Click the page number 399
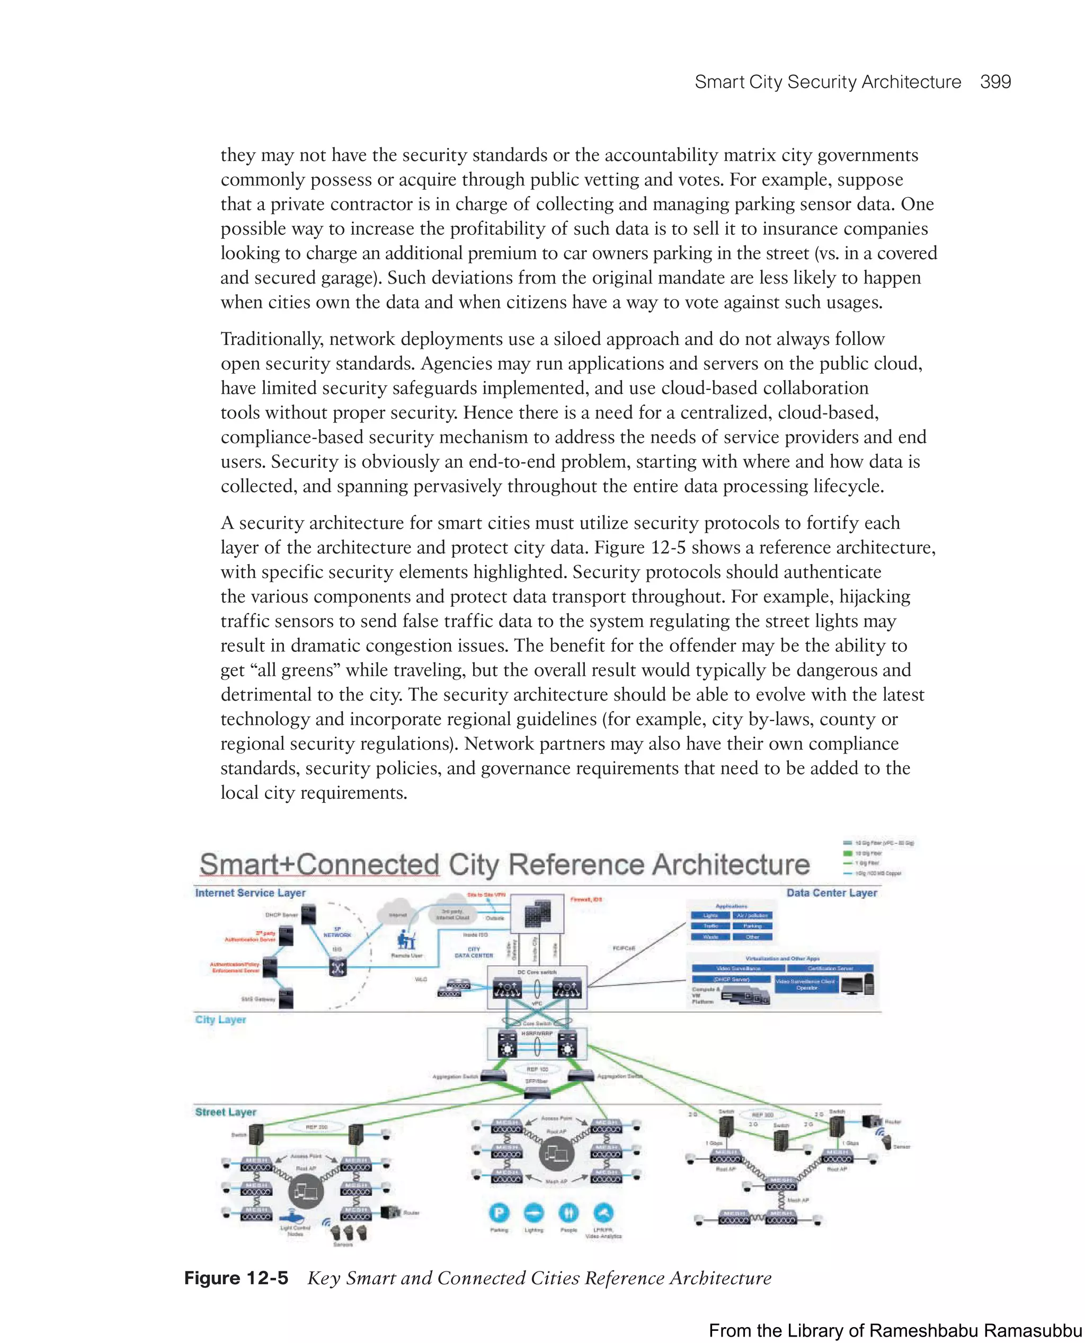995,82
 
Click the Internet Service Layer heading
250,893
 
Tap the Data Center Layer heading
831,893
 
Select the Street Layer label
226,1112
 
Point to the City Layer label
220,1019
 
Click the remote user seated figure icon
406,940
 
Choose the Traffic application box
710,926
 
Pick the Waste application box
710,936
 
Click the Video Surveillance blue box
738,968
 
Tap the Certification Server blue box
830,968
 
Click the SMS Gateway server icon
286,997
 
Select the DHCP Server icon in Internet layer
308,915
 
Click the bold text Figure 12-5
236,1278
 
